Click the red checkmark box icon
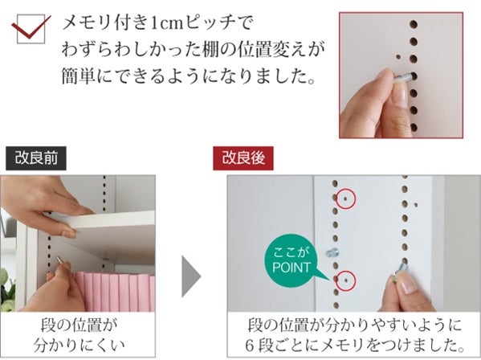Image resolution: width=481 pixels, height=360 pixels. tap(31, 29)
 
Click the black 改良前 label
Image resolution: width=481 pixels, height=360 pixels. tap(36, 158)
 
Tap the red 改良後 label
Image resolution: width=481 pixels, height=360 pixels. tap(243, 158)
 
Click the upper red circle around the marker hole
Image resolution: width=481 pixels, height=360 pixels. tap(355, 198)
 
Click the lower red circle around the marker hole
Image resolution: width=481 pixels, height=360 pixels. tap(355, 280)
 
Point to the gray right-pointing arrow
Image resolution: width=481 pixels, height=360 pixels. tap(191, 276)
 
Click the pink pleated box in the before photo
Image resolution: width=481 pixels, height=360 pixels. tap(113, 292)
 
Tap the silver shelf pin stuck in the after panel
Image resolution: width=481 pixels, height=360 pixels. tap(332, 253)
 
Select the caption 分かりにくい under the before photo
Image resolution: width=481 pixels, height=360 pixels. tap(79, 346)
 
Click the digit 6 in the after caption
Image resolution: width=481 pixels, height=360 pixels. tap(250, 346)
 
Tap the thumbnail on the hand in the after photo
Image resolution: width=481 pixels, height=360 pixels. tap(408, 284)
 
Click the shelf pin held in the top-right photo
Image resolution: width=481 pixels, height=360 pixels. tap(402, 78)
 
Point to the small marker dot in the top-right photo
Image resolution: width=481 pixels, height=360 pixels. tap(398, 57)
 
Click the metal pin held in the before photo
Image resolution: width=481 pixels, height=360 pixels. tap(60, 261)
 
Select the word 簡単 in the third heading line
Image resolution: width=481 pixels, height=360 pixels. tap(78, 76)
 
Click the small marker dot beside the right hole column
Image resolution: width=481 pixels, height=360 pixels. tap(416, 205)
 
